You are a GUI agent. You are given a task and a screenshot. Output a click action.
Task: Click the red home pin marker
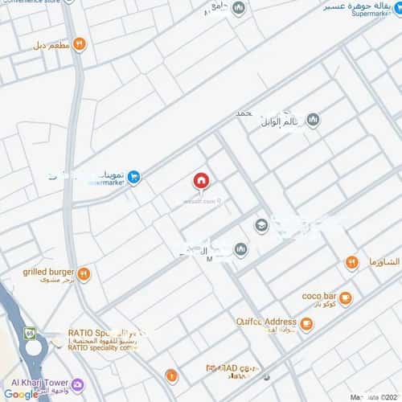click(x=201, y=181)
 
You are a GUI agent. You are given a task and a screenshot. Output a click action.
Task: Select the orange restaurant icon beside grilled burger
click(x=84, y=274)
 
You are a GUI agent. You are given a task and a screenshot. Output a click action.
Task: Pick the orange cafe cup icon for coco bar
click(x=345, y=298)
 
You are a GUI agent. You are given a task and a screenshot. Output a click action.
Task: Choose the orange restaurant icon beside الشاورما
click(x=351, y=263)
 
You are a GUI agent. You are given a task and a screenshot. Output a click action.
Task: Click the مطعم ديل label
click(x=51, y=46)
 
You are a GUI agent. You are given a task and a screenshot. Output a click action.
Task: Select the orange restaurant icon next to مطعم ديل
click(x=79, y=45)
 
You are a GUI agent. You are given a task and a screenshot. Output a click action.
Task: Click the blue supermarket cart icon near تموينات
click(x=134, y=177)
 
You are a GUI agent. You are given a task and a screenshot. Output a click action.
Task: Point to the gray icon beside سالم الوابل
click(x=313, y=121)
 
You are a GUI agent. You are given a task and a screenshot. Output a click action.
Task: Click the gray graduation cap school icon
click(x=261, y=226)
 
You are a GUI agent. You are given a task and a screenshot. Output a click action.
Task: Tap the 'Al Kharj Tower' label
click(x=36, y=382)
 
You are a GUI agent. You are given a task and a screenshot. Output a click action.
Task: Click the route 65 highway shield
click(x=30, y=331)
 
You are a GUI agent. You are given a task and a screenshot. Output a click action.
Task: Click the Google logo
click(x=20, y=394)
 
